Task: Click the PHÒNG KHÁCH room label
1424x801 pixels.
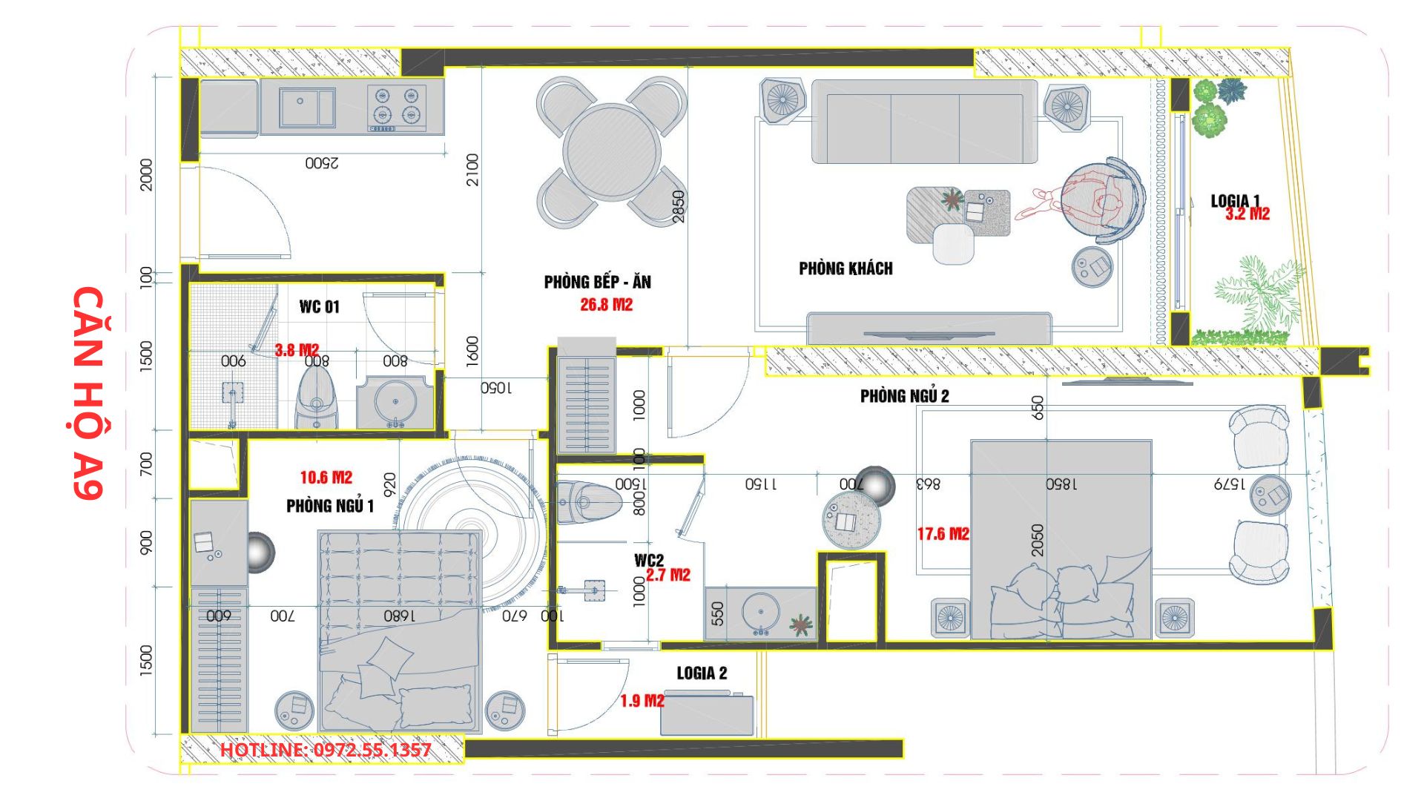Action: [x=845, y=268]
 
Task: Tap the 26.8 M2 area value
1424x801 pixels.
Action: [x=606, y=305]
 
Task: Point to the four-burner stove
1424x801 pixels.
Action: [x=397, y=108]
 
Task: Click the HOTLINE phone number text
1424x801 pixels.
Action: [x=326, y=750]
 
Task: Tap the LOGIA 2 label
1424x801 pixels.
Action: [x=702, y=673]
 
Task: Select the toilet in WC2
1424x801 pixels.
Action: [x=589, y=502]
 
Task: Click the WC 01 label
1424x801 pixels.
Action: [x=320, y=307]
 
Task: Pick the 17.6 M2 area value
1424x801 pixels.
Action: [x=943, y=534]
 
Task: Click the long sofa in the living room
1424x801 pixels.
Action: [x=924, y=122]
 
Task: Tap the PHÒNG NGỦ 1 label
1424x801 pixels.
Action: [x=330, y=506]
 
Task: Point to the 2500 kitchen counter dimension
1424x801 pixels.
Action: [x=321, y=162]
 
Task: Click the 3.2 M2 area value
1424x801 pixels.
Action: [x=1247, y=214]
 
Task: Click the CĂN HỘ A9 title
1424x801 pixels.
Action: [x=88, y=392]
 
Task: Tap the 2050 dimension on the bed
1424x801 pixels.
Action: [x=1038, y=540]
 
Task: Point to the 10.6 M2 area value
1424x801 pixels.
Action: [x=326, y=478]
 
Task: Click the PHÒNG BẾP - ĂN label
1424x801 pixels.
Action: [x=597, y=282]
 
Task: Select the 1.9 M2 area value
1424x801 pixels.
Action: [x=642, y=701]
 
